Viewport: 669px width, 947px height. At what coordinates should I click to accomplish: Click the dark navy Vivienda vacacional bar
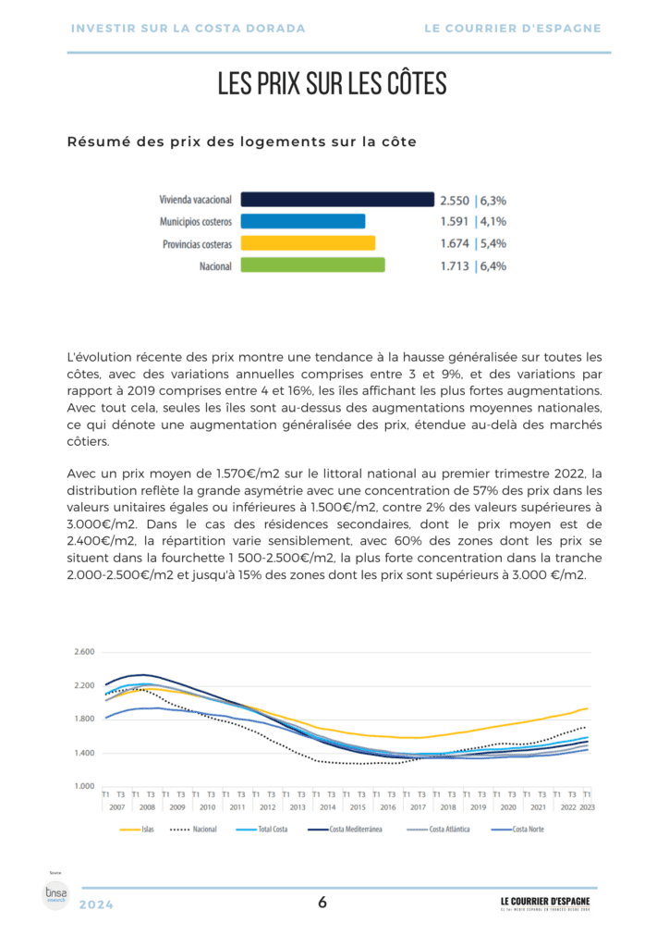click(x=337, y=199)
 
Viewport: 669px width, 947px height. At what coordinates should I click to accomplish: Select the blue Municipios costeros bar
click(x=303, y=221)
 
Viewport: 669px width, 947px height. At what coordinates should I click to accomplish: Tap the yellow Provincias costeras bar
click(x=308, y=243)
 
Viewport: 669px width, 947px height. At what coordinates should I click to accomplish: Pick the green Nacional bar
click(x=312, y=265)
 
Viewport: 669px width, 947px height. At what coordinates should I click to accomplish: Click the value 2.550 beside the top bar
click(x=455, y=200)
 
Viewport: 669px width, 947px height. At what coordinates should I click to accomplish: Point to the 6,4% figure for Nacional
click(x=492, y=266)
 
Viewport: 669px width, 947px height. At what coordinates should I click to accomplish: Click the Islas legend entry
click(x=140, y=830)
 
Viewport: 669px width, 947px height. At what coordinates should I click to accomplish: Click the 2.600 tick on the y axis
click(x=84, y=652)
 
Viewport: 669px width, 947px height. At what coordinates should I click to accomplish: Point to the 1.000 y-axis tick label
click(x=84, y=786)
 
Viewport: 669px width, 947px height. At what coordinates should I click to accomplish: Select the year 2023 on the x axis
click(x=587, y=807)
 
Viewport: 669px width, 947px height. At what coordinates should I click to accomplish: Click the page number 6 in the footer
click(x=322, y=904)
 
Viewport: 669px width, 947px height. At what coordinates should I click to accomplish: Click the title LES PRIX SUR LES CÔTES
click(x=333, y=84)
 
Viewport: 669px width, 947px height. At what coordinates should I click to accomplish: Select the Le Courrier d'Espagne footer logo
click(x=545, y=904)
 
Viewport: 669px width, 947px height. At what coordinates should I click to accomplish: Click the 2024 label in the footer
click(x=97, y=904)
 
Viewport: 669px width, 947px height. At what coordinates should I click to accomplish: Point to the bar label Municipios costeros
click(x=196, y=222)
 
